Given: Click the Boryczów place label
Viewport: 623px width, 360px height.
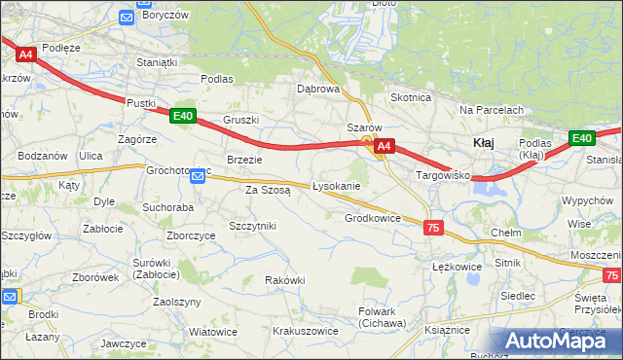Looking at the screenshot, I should pyautogui.click(x=165, y=16).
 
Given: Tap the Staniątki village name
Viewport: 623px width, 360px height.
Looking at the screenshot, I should pyautogui.click(x=160, y=62).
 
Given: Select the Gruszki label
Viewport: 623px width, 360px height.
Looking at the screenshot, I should pyautogui.click(x=240, y=121).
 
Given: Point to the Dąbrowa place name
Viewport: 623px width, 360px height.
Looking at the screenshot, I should pyautogui.click(x=318, y=89).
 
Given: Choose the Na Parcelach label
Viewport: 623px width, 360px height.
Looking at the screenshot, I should pyautogui.click(x=492, y=110).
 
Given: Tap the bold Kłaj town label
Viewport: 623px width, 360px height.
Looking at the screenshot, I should pyautogui.click(x=484, y=143).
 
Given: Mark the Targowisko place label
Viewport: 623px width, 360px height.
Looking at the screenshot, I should pyautogui.click(x=443, y=176).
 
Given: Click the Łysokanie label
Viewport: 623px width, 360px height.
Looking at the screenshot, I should pyautogui.click(x=337, y=186).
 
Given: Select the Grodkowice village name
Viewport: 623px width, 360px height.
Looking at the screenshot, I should pyautogui.click(x=373, y=218).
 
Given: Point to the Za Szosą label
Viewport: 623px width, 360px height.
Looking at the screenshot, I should pyautogui.click(x=268, y=191).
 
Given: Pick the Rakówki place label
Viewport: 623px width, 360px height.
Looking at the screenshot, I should pyautogui.click(x=285, y=280).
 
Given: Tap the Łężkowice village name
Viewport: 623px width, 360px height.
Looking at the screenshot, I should pyautogui.click(x=457, y=266).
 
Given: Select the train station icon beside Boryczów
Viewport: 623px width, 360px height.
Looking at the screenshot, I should pyautogui.click(x=127, y=17).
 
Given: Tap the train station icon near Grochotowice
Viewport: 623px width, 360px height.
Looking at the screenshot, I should pyautogui.click(x=198, y=176).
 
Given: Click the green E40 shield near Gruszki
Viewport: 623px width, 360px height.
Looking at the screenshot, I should pyautogui.click(x=182, y=116).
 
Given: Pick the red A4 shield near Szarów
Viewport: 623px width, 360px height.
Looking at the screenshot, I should pyautogui.click(x=385, y=147).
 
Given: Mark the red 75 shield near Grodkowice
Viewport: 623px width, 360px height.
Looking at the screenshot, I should pyautogui.click(x=433, y=227).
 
